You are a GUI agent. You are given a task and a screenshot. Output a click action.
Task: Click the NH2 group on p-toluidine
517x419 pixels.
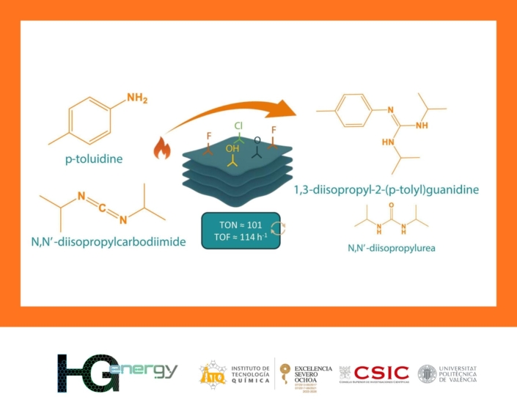point(139,98)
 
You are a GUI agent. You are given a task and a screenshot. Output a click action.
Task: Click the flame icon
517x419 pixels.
point(161,149)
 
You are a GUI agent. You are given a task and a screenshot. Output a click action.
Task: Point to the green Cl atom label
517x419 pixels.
point(238,126)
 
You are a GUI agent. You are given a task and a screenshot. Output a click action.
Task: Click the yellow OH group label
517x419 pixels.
point(232,149)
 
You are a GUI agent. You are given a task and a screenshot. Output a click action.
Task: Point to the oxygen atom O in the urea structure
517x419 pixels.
point(392,206)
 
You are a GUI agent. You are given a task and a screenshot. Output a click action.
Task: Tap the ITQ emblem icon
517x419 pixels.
point(212,374)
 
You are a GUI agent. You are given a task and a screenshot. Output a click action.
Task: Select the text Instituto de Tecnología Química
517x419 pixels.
point(250,374)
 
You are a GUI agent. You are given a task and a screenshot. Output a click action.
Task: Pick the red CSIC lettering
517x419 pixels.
point(381,372)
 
